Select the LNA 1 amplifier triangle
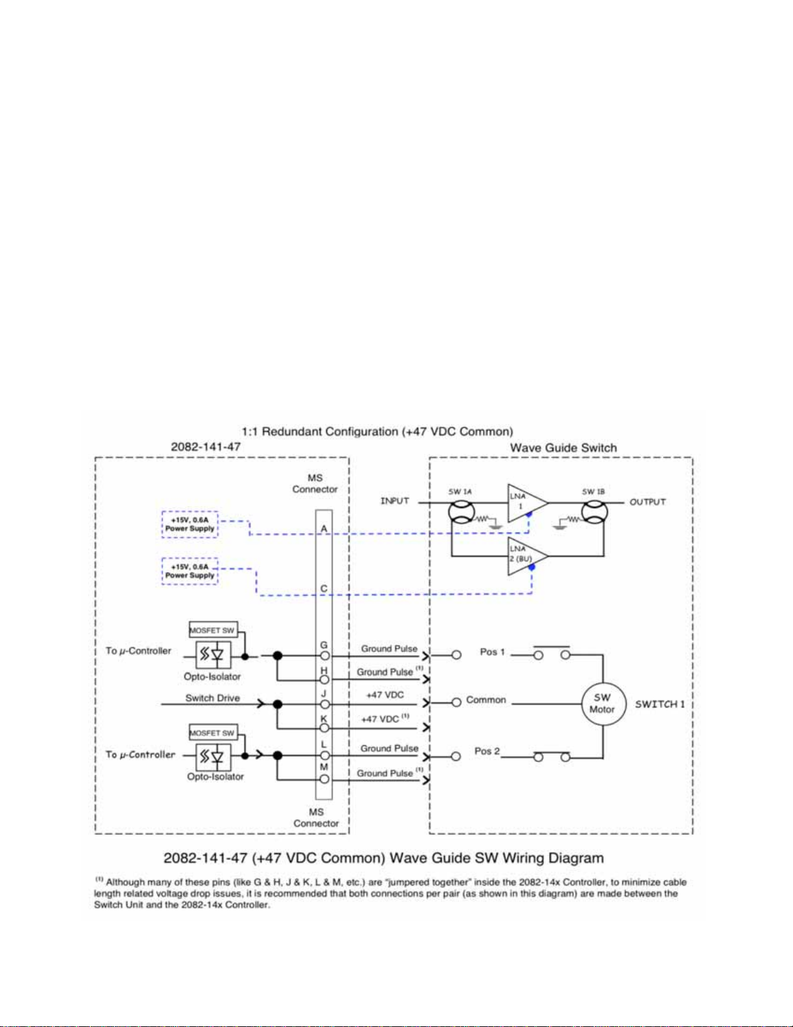click(527, 503)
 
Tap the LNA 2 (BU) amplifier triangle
click(527, 557)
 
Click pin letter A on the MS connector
click(324, 529)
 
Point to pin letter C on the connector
click(324, 589)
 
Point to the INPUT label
click(395, 501)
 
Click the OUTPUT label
click(647, 502)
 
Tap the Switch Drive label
click(212, 698)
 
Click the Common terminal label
click(486, 700)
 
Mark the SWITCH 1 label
click(660, 704)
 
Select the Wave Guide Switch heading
click(563, 448)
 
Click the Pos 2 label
click(487, 751)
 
